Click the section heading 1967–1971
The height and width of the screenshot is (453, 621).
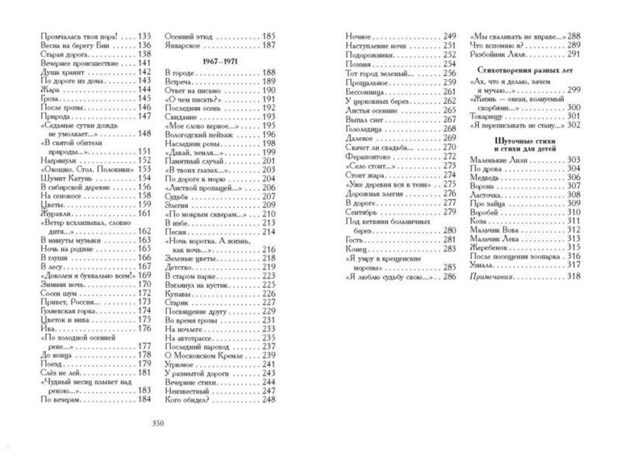click(219, 61)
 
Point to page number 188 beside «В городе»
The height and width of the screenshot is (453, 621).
click(268, 73)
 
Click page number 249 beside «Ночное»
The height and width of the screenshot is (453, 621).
click(450, 35)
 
